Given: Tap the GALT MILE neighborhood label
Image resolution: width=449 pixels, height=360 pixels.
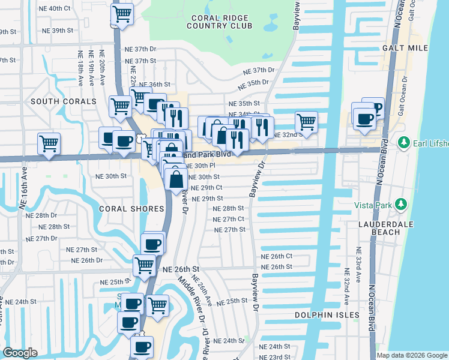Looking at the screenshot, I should pyautogui.click(x=404, y=47).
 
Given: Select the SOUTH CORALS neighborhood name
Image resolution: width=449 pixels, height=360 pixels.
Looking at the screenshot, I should pyautogui.click(x=64, y=101).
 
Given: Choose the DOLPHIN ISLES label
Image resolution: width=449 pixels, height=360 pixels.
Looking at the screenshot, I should pyautogui.click(x=327, y=314).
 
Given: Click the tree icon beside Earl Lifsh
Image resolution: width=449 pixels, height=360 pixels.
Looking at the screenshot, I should pyautogui.click(x=404, y=142).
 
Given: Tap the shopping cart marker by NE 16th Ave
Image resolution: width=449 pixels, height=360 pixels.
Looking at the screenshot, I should pyautogui.click(x=49, y=143).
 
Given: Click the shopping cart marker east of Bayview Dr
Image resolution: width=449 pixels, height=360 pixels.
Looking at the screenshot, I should pyautogui.click(x=306, y=121).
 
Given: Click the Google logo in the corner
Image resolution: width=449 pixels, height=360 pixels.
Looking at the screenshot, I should pyautogui.click(x=20, y=353).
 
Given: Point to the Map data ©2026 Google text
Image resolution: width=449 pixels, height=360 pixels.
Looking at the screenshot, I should pyautogui.click(x=412, y=355).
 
